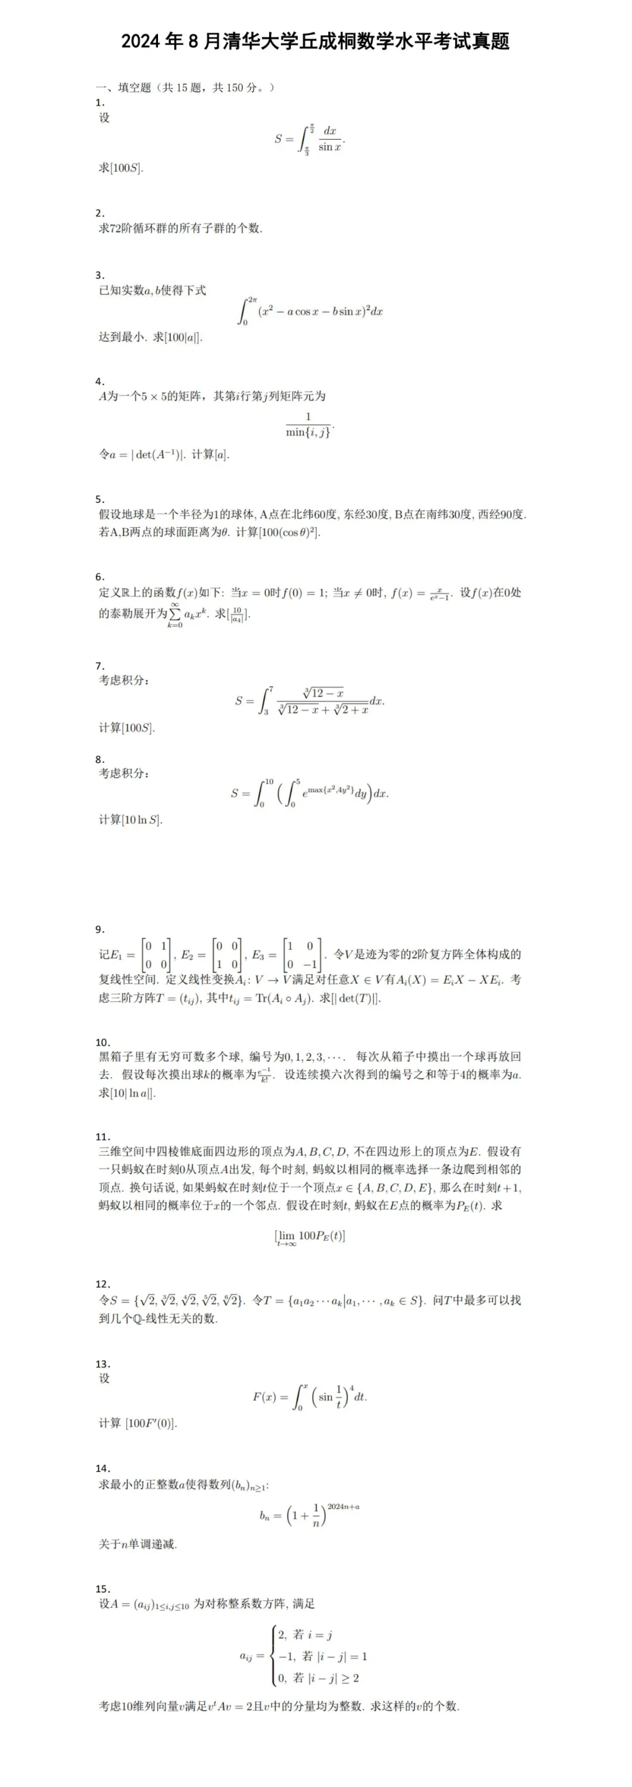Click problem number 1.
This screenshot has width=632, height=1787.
99,102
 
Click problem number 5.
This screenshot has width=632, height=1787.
100,499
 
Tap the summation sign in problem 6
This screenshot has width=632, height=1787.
175,613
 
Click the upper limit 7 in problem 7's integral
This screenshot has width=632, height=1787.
270,689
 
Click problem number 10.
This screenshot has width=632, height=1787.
102,1042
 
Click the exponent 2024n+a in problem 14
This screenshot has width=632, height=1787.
344,1506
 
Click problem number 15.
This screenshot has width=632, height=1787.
102,1589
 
